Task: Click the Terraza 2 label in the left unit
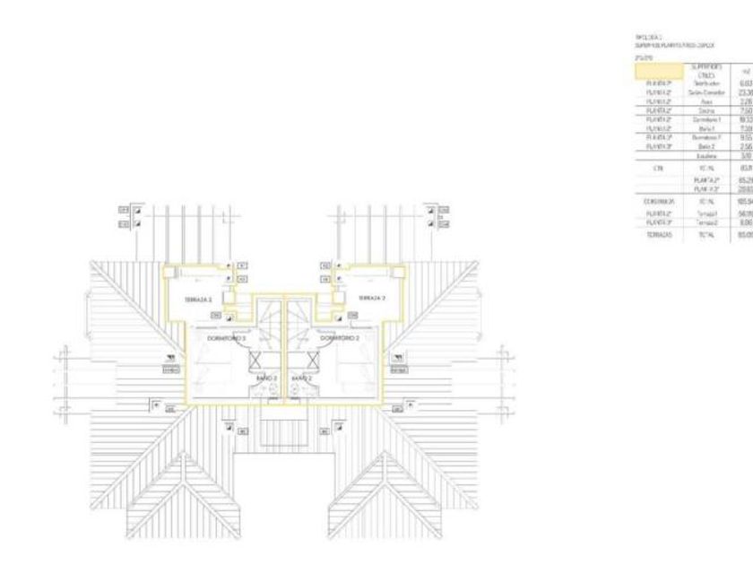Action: [198, 324]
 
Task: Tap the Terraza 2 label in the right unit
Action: [372, 322]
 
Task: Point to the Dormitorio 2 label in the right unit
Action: [340, 338]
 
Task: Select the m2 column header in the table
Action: [736, 68]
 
